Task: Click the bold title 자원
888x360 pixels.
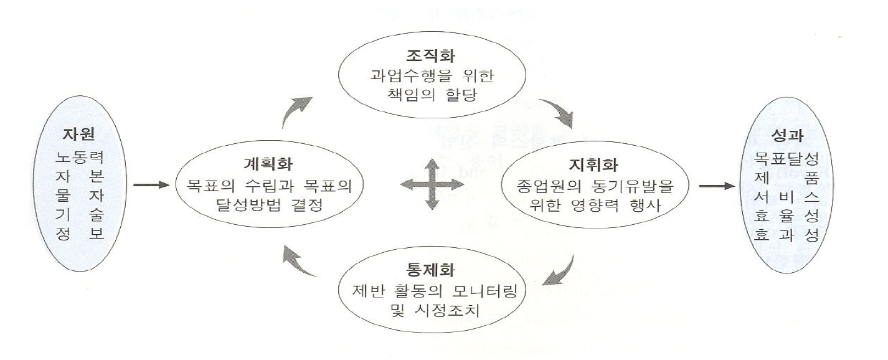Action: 78,135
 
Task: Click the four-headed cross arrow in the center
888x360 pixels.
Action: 431,184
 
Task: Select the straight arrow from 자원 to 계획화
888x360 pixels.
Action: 151,185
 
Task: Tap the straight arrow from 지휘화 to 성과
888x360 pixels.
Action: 717,185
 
